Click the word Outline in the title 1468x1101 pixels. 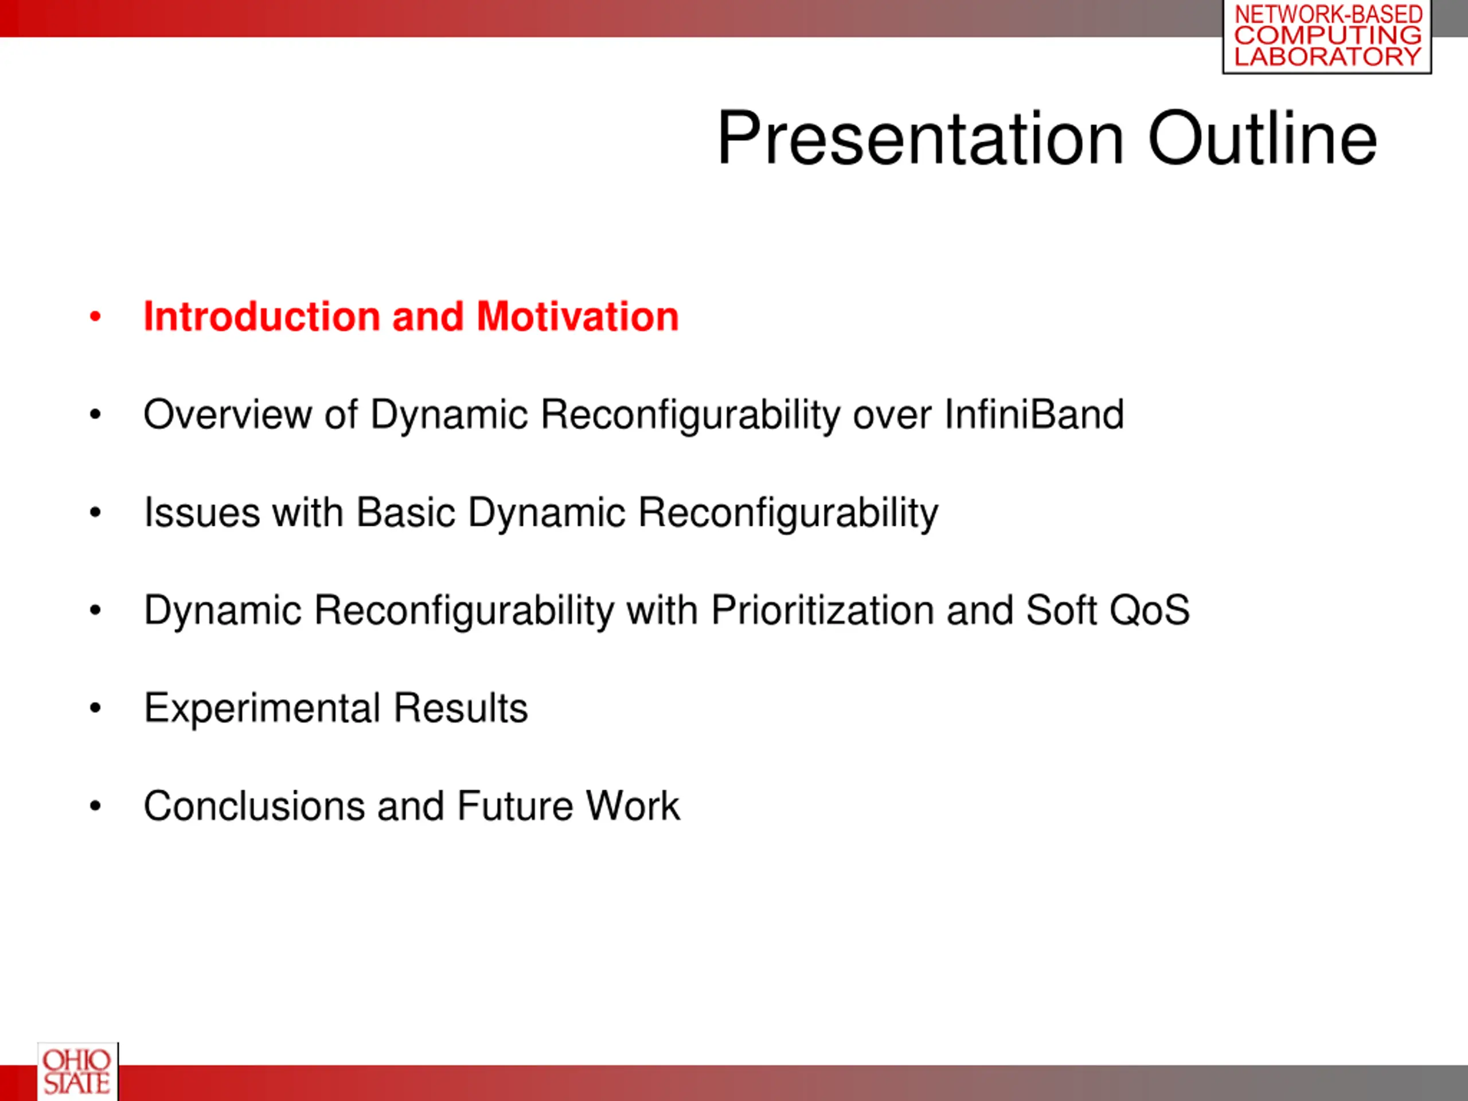point(1262,138)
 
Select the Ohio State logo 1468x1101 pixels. point(77,1071)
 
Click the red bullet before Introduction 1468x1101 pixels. point(96,317)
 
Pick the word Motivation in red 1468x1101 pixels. point(577,316)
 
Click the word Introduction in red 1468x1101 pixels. point(262,316)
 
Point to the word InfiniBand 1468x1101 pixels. point(1034,414)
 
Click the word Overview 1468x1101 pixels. point(228,414)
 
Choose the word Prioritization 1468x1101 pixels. point(823,611)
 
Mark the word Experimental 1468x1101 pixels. point(262,708)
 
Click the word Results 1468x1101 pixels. point(460,708)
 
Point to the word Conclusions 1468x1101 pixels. point(254,806)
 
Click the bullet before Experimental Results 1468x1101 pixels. point(96,708)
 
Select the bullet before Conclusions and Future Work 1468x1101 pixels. point(96,806)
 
